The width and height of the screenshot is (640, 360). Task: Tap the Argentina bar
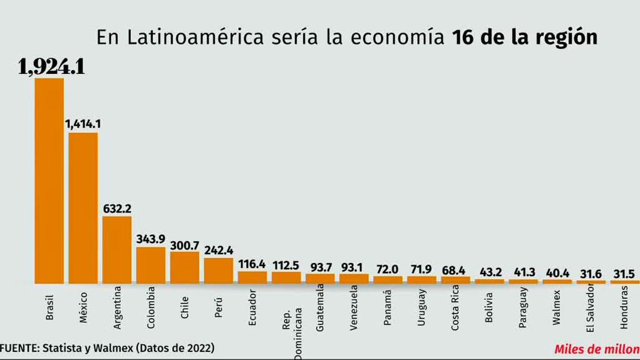(x=117, y=250)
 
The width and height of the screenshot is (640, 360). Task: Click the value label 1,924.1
(x=52, y=66)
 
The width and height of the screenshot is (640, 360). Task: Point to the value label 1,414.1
(x=83, y=124)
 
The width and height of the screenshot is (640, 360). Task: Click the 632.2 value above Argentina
(x=117, y=208)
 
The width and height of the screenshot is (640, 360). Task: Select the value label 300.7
(x=185, y=244)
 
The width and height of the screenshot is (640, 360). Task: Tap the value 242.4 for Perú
(x=219, y=250)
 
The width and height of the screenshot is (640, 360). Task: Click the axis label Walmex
(x=557, y=307)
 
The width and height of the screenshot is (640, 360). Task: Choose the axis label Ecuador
(x=252, y=307)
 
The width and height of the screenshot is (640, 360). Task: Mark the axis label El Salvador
(x=591, y=308)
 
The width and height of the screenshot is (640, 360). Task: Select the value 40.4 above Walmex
(x=557, y=273)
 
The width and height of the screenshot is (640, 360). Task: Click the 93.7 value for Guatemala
(x=320, y=267)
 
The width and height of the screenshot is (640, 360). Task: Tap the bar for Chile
(x=185, y=267)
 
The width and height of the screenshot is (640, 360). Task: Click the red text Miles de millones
(x=596, y=349)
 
